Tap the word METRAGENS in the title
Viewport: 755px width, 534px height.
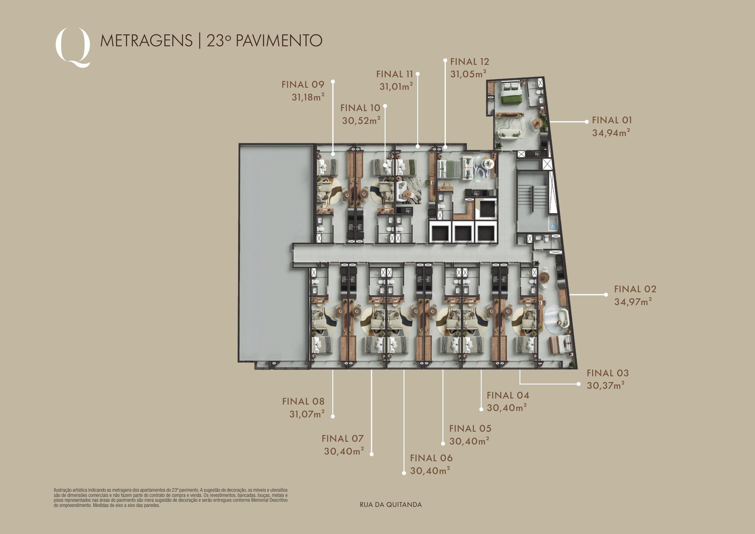click(x=146, y=41)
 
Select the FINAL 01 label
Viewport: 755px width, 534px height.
click(x=612, y=120)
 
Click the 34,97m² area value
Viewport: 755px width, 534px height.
click(x=633, y=302)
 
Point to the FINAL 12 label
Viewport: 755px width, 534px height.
click(x=470, y=62)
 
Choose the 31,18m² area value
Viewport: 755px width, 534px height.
click(x=308, y=97)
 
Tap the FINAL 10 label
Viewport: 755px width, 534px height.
click(x=360, y=108)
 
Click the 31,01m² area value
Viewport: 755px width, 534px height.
click(x=396, y=86)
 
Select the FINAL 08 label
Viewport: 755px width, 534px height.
click(x=303, y=401)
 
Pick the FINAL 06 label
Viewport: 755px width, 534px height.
click(x=431, y=458)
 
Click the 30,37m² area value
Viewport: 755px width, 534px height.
click(x=606, y=386)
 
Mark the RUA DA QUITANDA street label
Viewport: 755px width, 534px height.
click(x=391, y=505)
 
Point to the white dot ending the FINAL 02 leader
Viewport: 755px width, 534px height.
click(x=606, y=294)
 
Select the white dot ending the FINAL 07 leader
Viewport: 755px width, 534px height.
click(x=372, y=454)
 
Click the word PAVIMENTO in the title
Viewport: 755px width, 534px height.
click(x=279, y=41)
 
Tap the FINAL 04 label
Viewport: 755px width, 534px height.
click(x=508, y=395)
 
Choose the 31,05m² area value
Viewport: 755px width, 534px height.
click(x=468, y=74)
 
